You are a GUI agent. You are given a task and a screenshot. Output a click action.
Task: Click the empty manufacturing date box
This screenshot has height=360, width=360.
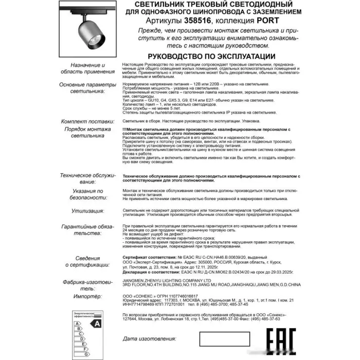pyautogui.click(x=224, y=339)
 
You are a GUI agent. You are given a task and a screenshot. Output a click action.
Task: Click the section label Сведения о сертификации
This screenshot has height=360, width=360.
pyautogui.click(x=85, y=261)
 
